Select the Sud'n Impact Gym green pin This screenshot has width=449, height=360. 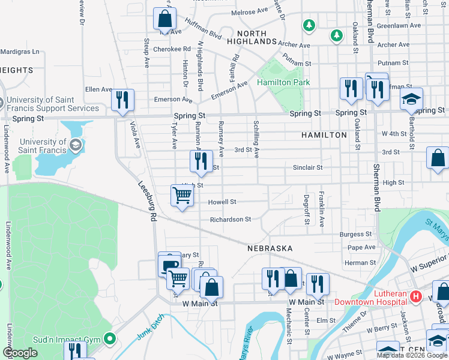click(x=109, y=340)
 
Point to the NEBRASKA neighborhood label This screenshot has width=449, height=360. click(x=270, y=248)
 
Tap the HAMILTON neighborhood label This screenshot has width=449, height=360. click(x=324, y=135)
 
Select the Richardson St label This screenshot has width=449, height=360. click(x=231, y=220)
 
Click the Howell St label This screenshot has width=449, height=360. click(x=222, y=202)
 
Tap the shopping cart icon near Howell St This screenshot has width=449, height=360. click(x=182, y=195)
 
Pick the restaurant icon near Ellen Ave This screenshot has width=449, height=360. click(x=122, y=100)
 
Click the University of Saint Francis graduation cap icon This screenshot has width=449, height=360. click(x=76, y=145)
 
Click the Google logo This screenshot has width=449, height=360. click(x=20, y=353)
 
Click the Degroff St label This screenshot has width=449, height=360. click(x=306, y=209)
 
